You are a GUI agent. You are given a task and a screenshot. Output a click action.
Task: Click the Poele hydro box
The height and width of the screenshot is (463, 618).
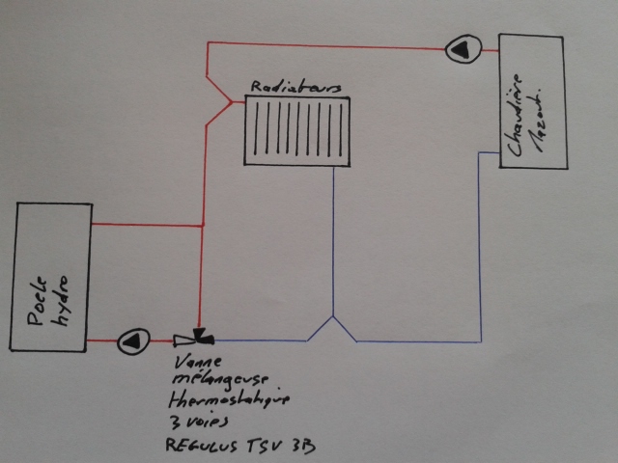[x=51, y=277]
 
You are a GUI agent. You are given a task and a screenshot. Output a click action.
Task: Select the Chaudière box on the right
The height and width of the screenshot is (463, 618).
[x=532, y=101]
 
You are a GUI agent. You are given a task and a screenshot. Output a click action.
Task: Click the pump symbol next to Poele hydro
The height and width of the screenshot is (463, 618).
[x=130, y=340]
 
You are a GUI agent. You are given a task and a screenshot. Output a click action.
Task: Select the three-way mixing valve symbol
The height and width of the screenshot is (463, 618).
[x=196, y=339]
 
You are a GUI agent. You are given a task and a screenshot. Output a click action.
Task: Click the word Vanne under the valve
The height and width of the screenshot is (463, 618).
[x=197, y=362]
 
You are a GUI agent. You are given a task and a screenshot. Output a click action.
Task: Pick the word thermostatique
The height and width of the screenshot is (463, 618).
[x=216, y=398]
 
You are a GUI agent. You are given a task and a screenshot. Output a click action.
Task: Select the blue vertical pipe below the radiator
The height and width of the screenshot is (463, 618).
[x=333, y=241]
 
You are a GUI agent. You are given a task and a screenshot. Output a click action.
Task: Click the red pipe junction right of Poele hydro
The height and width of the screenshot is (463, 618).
[x=200, y=226]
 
